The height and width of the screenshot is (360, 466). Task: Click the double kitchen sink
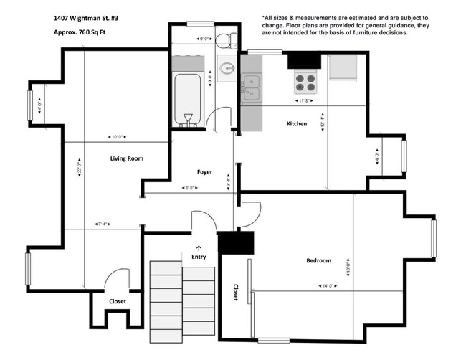coord(251,87)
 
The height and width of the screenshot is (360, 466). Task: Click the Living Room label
coord(128,158)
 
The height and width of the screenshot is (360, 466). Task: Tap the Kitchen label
coord(297,124)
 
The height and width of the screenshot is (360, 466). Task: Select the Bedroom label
coord(318,260)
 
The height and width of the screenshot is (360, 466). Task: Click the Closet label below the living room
coord(117,301)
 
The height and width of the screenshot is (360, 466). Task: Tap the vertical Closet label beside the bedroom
coord(236,293)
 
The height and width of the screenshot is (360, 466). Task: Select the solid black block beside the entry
coord(236,243)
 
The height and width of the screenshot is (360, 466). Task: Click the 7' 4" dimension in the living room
coord(107,224)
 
